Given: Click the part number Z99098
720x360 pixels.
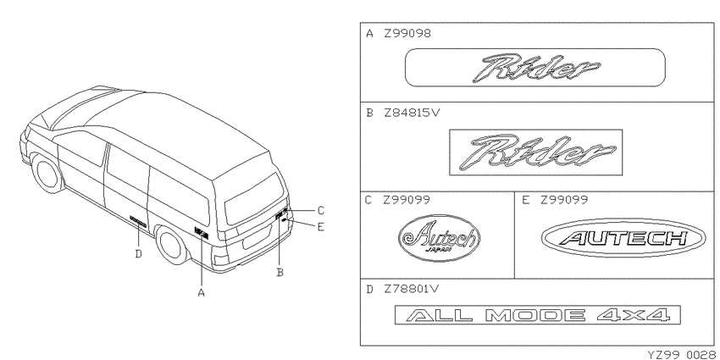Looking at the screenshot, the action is pos(407,34).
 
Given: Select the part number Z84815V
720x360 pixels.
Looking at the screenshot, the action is pos(412,113).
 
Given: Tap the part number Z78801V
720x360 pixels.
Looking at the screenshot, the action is pos(412,290).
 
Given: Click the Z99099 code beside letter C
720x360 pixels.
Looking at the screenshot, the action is pos(407,200).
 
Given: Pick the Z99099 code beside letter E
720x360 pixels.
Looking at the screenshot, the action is pos(563,200).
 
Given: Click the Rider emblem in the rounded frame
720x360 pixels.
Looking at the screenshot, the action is pos(535,68).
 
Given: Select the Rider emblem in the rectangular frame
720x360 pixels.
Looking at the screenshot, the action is pos(536,152).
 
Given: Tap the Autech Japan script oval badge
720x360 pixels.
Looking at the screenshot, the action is pos(439,238).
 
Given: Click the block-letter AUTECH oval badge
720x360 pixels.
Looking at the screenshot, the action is pos(623,238).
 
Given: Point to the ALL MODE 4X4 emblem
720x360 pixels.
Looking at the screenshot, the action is pos(538,315).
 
